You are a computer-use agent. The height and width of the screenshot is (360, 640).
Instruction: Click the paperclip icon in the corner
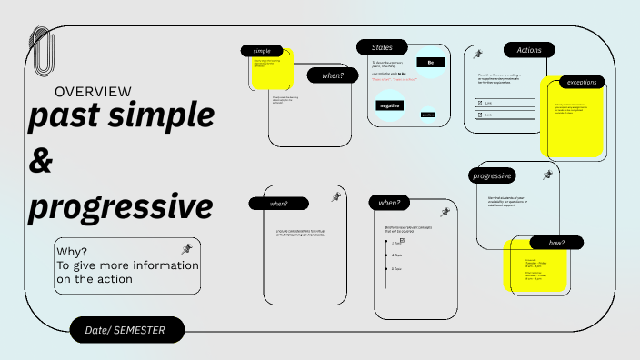tap(41, 51)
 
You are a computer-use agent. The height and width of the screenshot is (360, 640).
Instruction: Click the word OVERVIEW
tap(93, 92)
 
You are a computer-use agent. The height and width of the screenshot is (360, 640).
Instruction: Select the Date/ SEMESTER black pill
tap(127, 330)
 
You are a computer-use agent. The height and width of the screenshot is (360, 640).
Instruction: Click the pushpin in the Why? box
tap(187, 248)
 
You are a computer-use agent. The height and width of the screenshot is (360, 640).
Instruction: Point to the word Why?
tap(72, 252)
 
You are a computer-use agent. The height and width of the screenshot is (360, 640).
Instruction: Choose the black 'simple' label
tap(262, 51)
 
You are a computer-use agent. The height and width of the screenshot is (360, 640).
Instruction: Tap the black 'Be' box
tap(430, 63)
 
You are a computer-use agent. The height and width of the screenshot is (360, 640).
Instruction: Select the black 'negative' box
tap(390, 105)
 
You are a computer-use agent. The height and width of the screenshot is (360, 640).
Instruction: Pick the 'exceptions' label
tap(582, 82)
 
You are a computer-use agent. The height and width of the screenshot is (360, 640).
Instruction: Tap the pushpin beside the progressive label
tap(547, 175)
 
